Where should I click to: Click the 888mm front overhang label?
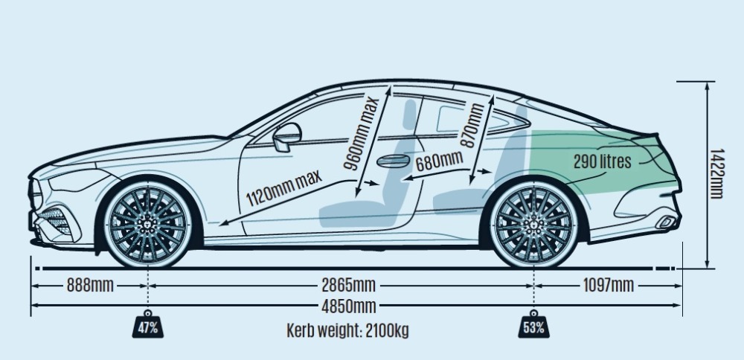coord(90,286)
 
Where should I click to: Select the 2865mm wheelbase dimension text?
coord(349,286)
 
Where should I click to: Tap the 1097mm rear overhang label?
coord(609,286)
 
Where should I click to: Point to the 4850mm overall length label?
coord(349,306)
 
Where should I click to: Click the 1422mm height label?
coord(716,173)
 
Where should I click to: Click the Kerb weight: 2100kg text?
coord(347,330)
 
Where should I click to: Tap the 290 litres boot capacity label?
coord(603,161)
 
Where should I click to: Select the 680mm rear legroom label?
coord(439,161)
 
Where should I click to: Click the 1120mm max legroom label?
coord(284,187)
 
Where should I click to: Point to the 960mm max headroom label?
coord(361,133)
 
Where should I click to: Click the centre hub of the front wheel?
coord(148,225)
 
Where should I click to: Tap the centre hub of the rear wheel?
coord(534,225)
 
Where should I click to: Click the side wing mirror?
coord(286,137)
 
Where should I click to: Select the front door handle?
coord(394,161)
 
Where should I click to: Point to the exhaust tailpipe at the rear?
coord(667,222)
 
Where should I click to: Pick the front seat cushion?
coord(359,214)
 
